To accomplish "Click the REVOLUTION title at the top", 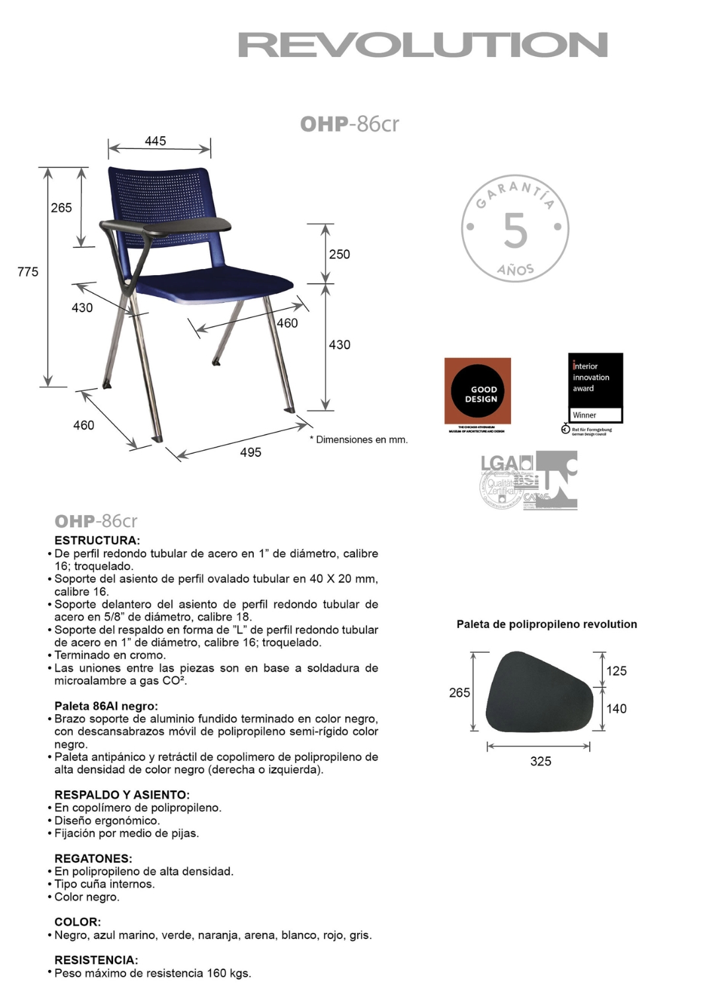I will pyautogui.click(x=422, y=45).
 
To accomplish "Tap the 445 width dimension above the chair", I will pyautogui.click(x=155, y=141).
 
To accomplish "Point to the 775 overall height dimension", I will pyautogui.click(x=28, y=272).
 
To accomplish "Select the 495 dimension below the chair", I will pyautogui.click(x=251, y=452).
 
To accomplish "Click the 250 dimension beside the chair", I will pyautogui.click(x=339, y=255).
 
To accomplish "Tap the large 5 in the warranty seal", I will pyautogui.click(x=515, y=231).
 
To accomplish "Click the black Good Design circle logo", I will pyautogui.click(x=478, y=391).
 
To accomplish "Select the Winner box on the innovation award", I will pyautogui.click(x=596, y=415).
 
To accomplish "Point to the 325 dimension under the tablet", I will pyautogui.click(x=541, y=761).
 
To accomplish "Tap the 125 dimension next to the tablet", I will pyautogui.click(x=616, y=671).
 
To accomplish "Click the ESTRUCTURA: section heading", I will pyautogui.click(x=97, y=540).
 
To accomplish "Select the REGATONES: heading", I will pyautogui.click(x=93, y=858).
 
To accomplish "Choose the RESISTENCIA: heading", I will pyautogui.click(x=96, y=960).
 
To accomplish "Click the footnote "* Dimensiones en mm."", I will pyautogui.click(x=359, y=440).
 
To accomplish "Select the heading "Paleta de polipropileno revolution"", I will pyautogui.click(x=547, y=624).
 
